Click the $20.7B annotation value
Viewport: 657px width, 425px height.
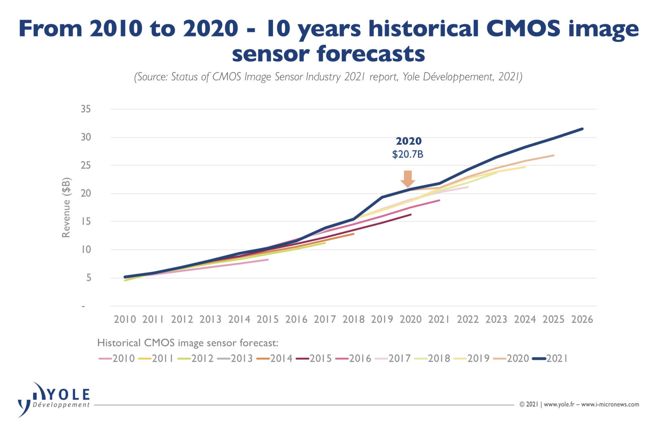click(x=408, y=155)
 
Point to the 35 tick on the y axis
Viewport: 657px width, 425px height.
click(x=86, y=109)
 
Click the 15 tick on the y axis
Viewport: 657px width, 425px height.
click(x=86, y=221)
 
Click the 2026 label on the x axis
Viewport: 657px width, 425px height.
click(x=582, y=319)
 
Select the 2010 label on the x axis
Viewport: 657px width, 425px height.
click(x=124, y=319)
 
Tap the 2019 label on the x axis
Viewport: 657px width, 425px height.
click(x=382, y=319)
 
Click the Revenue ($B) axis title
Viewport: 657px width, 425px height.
click(x=66, y=208)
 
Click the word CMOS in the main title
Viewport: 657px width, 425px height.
click(x=523, y=29)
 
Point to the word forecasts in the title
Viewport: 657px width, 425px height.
click(x=371, y=54)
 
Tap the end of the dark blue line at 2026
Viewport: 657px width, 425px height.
click(x=582, y=129)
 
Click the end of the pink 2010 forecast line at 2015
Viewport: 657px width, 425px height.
click(x=268, y=259)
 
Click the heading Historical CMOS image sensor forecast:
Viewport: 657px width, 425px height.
click(x=188, y=343)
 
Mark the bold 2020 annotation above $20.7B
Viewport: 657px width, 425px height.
click(x=408, y=141)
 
